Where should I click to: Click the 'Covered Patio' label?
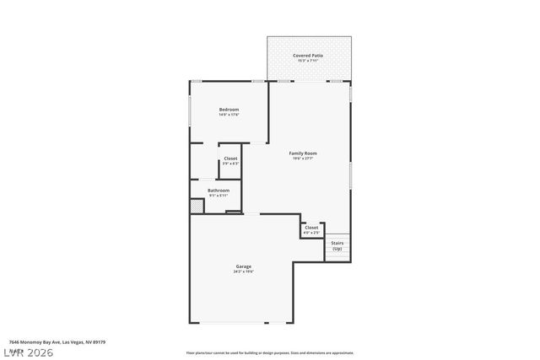coord(308,56)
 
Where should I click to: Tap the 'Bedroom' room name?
coord(229,110)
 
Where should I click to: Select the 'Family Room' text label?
coord(303,153)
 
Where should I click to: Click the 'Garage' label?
coord(243,266)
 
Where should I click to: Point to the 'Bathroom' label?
coord(219,191)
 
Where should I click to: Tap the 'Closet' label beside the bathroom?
coord(229,159)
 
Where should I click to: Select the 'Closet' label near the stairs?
coord(311,227)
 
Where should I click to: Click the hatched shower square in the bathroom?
coord(196,206)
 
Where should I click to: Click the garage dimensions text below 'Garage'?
coord(243,272)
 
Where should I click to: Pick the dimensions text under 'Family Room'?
coord(303,159)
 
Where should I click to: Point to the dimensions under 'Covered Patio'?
coord(308,62)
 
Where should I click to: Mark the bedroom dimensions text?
coord(229,116)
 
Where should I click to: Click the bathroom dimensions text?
coord(219,196)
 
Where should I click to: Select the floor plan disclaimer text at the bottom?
coord(268,352)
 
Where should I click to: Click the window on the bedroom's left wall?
coord(189,110)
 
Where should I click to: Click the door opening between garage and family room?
coord(251,214)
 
